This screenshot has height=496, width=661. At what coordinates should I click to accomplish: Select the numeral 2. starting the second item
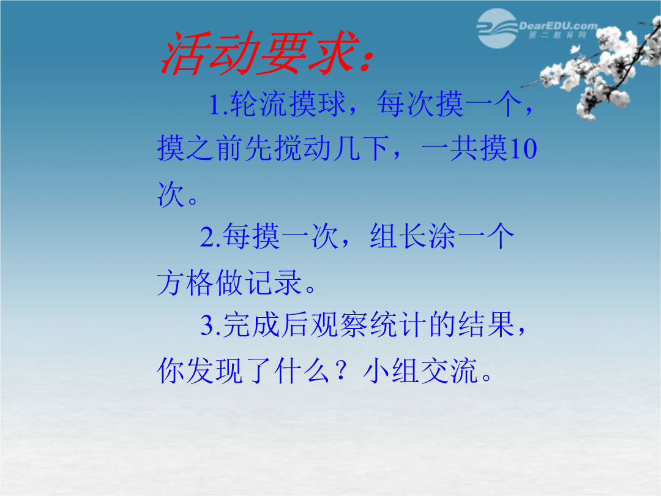click(x=211, y=237)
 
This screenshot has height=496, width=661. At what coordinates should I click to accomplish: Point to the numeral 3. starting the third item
click(x=211, y=325)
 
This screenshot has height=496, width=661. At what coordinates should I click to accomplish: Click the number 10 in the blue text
click(x=523, y=149)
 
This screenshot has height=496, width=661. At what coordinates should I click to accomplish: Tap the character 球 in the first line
click(x=331, y=104)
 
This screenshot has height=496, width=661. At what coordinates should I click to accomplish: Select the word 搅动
click(x=302, y=149)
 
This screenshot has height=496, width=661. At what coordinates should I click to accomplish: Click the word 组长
click(x=399, y=236)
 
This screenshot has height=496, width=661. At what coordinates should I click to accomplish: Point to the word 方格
click(x=185, y=282)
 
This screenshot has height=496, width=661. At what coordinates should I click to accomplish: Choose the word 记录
click(x=273, y=282)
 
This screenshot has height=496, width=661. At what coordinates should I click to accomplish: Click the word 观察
click(x=340, y=325)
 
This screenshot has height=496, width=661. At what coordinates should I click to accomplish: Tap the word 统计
click(x=399, y=325)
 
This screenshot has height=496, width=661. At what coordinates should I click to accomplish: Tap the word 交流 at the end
click(x=449, y=371)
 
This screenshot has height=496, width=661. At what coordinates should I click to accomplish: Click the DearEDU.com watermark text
click(x=558, y=26)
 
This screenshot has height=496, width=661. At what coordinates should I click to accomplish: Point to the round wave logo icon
click(x=498, y=28)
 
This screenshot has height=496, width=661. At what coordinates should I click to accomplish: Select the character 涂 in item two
click(x=443, y=236)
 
